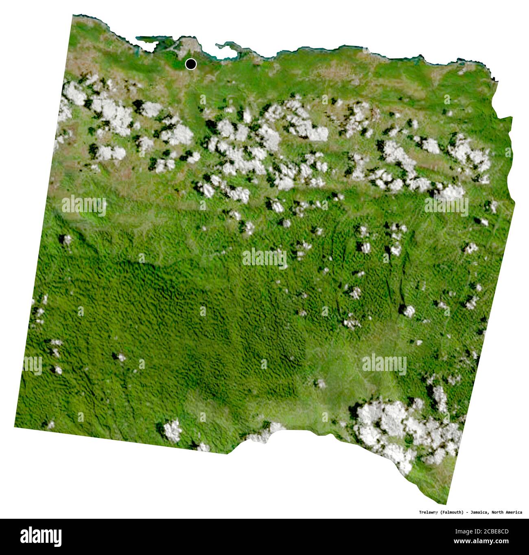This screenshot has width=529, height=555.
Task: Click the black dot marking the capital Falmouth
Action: [190, 64]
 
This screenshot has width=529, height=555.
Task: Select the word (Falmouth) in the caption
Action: [452, 512]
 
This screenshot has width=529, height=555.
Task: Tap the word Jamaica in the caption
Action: [479, 512]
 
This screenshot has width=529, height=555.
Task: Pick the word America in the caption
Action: [515, 512]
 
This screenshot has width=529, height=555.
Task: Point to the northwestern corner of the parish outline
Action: [73, 16]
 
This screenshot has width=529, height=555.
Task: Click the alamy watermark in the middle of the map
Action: [264, 258]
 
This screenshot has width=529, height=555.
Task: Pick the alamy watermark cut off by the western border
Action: [33, 364]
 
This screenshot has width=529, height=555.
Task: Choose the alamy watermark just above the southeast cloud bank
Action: [384, 364]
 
